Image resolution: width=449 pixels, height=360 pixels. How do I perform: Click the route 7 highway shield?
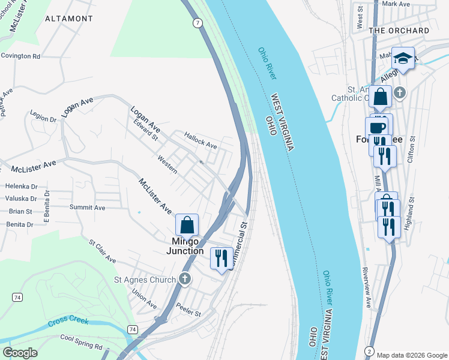pyautogui.click(x=197, y=23)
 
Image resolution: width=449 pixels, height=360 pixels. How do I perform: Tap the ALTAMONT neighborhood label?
pyautogui.click(x=69, y=19)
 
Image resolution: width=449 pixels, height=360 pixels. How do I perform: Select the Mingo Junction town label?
pyautogui.click(x=185, y=246)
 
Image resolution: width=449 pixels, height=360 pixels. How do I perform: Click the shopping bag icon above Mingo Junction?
pyautogui.click(x=187, y=225)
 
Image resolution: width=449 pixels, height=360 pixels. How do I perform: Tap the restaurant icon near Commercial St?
pyautogui.click(x=221, y=258)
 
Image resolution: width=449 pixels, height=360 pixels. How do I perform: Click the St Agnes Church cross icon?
pyautogui.click(x=185, y=279)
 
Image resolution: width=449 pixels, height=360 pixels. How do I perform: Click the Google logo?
pyautogui.click(x=20, y=353)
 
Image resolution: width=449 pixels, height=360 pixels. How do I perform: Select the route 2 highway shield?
pyautogui.click(x=369, y=350)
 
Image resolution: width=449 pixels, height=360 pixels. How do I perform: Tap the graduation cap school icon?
pyautogui.click(x=403, y=58)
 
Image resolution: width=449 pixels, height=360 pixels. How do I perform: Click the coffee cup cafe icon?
pyautogui.click(x=377, y=127)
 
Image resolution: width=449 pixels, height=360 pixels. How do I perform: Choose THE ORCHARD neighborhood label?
pyautogui.click(x=399, y=31)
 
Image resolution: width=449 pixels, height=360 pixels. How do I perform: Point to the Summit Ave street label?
pyautogui.click(x=87, y=208)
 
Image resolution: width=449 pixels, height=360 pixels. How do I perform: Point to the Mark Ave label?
pyautogui.click(x=395, y=4)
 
